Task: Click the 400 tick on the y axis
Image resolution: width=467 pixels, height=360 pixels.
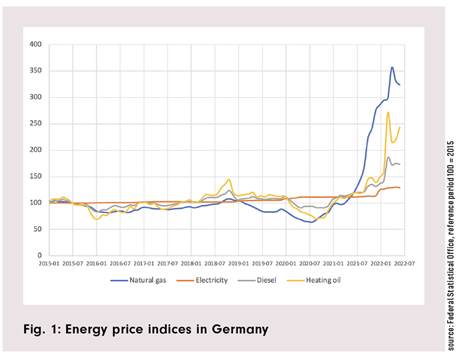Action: coord(36,45)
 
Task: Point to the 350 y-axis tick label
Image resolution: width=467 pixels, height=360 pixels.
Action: coord(36,71)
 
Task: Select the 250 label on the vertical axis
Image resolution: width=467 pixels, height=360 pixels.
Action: coord(36,124)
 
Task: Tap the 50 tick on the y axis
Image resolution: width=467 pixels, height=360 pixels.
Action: coord(38,229)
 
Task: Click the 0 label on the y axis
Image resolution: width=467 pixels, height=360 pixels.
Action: coord(40,255)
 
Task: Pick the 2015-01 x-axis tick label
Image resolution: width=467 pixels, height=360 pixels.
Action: coord(49,264)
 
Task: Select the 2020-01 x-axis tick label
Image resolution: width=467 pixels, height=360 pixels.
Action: coord(286,264)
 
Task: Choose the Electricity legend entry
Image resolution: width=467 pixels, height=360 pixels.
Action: coord(211,280)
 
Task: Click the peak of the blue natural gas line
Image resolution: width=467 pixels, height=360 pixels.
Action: coord(392,67)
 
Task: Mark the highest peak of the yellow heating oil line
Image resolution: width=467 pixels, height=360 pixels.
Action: coord(388,113)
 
